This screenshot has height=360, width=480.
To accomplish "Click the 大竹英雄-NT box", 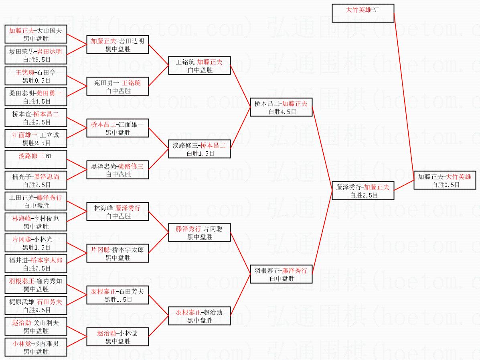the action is tap(363, 13).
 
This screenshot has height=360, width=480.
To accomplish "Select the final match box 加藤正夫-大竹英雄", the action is tap(445, 180).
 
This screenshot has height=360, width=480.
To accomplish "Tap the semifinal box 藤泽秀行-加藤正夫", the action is tap(363, 191).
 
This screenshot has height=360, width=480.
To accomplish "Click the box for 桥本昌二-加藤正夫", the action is tap(281, 107).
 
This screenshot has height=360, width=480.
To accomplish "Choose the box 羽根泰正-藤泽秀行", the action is tap(281, 274).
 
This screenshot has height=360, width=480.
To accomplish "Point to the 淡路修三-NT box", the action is tap(36, 159).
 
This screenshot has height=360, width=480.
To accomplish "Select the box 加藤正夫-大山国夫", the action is tap(36, 34).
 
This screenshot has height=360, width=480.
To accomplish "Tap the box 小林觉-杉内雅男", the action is tap(36, 347).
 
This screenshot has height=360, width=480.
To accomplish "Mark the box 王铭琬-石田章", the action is tap(36, 76).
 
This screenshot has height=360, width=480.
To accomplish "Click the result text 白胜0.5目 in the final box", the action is tap(446, 185).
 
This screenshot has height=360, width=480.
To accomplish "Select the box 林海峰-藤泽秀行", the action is tap(117, 212).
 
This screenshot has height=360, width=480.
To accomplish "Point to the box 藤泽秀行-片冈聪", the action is tap(199, 232).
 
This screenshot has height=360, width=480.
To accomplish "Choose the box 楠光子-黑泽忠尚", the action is tap(36, 180).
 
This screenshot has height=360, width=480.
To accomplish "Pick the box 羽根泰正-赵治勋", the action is tap(199, 315).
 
